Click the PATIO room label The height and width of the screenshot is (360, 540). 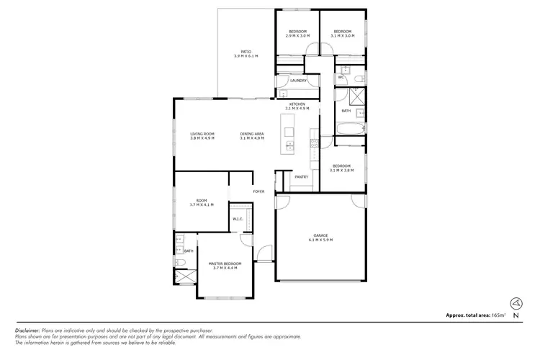coord(246,52)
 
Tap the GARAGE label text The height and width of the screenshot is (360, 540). coord(320,235)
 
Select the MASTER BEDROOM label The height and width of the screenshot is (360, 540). coord(225,264)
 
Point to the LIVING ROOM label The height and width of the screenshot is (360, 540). coord(202,134)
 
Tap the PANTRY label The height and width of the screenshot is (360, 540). coord(301,176)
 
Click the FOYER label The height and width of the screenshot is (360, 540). coord(258,192)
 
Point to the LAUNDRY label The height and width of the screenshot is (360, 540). coord(298,81)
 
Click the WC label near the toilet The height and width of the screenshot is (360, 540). coord(341,77)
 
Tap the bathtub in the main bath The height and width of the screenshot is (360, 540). coord(351,129)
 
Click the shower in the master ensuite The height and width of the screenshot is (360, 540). coord(185,276)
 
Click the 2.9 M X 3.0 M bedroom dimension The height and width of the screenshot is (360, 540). coord(297,36)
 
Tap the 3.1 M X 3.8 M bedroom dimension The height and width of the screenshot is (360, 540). coord(342,170)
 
